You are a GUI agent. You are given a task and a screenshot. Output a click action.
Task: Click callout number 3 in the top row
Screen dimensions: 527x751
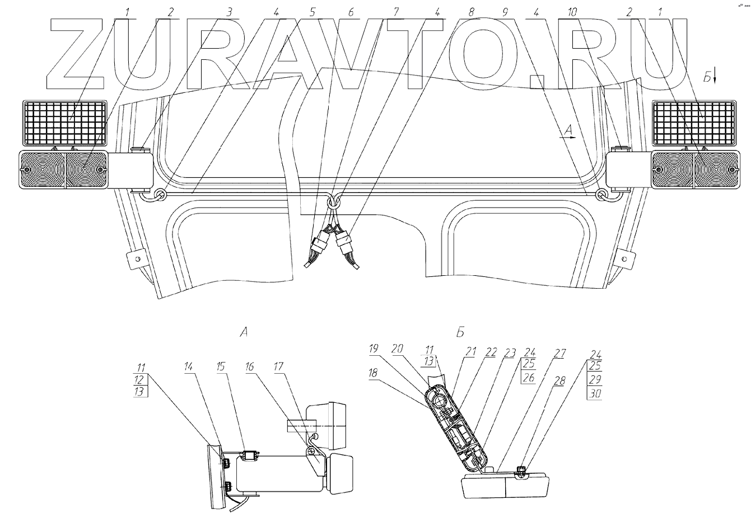pos(228,12)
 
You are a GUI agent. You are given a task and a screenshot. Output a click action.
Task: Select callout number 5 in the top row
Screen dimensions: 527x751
pos(312,12)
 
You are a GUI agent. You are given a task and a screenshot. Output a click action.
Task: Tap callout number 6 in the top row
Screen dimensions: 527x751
pos(351,12)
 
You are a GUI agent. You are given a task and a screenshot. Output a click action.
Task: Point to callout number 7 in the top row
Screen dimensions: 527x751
pos(397,12)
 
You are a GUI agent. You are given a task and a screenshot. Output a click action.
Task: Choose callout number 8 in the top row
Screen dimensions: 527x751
pos(472,12)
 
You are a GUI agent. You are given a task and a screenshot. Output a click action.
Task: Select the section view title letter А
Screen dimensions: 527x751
pos(244,332)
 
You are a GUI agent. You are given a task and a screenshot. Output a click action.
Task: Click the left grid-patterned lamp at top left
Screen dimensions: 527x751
pos(64,122)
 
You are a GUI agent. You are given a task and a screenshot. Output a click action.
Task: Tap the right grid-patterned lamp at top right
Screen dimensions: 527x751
pos(694,122)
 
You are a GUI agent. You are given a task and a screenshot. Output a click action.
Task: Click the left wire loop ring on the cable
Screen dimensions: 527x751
pos(160,195)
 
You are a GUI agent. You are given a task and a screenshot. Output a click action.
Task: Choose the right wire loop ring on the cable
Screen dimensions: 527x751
pos(601,195)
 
